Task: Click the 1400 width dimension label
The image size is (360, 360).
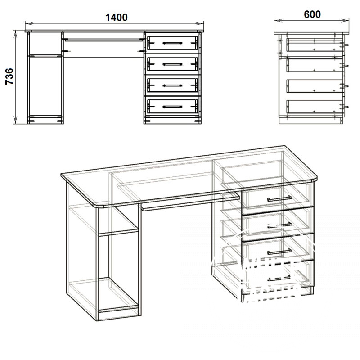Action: (x=117, y=18)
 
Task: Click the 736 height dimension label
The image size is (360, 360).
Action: (x=9, y=76)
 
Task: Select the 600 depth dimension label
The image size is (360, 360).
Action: (x=312, y=15)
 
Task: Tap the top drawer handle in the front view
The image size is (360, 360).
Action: (x=172, y=43)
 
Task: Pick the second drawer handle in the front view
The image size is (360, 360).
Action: (x=172, y=64)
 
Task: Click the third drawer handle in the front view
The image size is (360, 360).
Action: (x=172, y=85)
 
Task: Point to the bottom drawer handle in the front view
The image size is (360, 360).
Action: (x=172, y=107)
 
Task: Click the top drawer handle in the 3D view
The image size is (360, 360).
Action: (x=279, y=198)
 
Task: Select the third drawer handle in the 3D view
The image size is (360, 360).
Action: (x=279, y=252)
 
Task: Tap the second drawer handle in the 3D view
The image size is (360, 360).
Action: (x=279, y=225)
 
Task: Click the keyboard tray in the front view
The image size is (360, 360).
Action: (x=103, y=40)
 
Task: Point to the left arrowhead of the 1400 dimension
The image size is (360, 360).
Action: (x=28, y=23)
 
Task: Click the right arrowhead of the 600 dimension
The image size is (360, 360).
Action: (x=345, y=20)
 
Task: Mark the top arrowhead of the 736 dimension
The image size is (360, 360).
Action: (x=15, y=34)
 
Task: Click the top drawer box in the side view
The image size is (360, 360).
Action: (x=315, y=45)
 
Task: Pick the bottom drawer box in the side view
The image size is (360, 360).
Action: (x=315, y=107)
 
